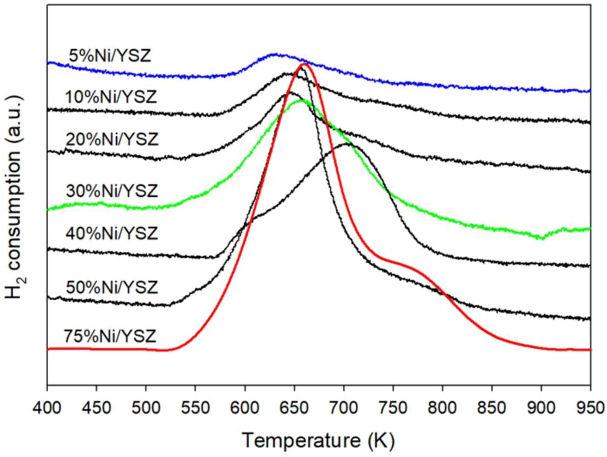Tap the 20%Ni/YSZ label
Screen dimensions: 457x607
[112, 140]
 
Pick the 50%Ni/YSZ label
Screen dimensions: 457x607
[112, 288]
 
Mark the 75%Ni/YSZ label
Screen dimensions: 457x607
[110, 336]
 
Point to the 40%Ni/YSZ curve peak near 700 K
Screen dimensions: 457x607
[346, 144]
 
